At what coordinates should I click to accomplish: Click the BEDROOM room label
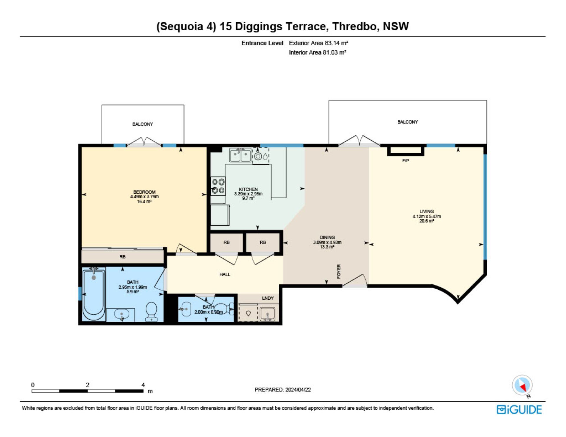144,192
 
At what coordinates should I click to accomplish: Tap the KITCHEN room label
248,189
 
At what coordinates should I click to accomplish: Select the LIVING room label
427,211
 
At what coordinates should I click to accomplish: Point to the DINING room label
327,237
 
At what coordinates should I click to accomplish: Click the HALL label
225,274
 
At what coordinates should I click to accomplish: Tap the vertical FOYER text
338,271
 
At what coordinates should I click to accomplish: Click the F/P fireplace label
406,161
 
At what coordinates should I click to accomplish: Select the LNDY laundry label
268,298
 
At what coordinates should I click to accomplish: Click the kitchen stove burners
218,186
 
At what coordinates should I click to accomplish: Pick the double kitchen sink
241,155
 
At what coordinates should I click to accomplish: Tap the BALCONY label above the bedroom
143,124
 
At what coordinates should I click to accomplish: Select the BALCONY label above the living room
407,122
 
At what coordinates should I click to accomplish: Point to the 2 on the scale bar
88,385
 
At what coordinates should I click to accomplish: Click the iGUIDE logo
519,410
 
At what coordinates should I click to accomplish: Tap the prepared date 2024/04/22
298,390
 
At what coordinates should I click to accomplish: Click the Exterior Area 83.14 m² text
319,43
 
